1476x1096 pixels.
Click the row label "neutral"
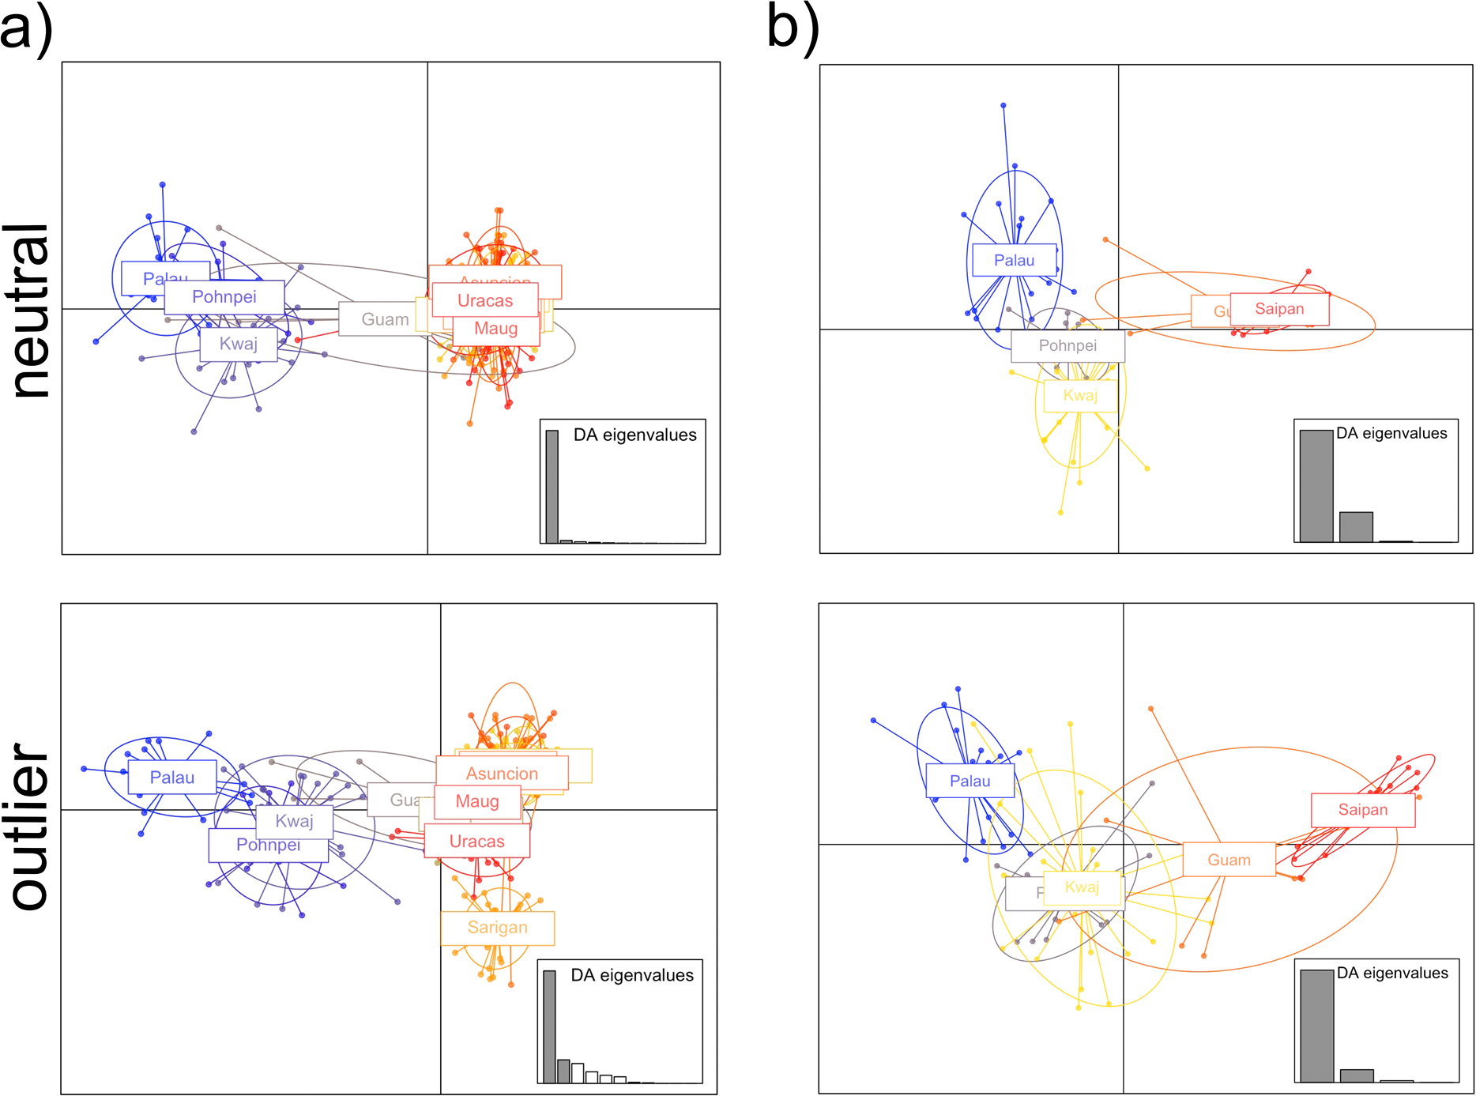(x=30, y=310)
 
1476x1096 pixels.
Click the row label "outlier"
(x=30, y=826)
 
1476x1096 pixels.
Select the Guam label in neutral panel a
(x=384, y=320)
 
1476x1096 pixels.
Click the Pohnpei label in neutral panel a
(x=224, y=297)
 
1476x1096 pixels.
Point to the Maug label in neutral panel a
(x=496, y=329)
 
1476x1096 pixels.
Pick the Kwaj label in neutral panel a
(x=238, y=345)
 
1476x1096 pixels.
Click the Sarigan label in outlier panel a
(x=497, y=928)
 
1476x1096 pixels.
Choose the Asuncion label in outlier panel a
(x=502, y=774)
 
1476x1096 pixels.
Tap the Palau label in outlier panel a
(x=172, y=778)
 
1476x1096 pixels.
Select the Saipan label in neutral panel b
(x=1279, y=309)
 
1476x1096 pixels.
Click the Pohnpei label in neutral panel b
(x=1067, y=346)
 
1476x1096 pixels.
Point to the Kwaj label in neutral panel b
(x=1080, y=396)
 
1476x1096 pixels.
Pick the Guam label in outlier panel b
(x=1229, y=860)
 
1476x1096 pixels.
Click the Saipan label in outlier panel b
(x=1362, y=810)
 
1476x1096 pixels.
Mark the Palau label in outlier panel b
(x=970, y=782)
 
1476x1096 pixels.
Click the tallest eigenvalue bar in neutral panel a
(x=552, y=486)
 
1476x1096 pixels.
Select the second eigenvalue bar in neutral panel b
(x=1356, y=527)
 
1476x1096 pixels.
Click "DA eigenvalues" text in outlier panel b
(x=1392, y=974)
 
